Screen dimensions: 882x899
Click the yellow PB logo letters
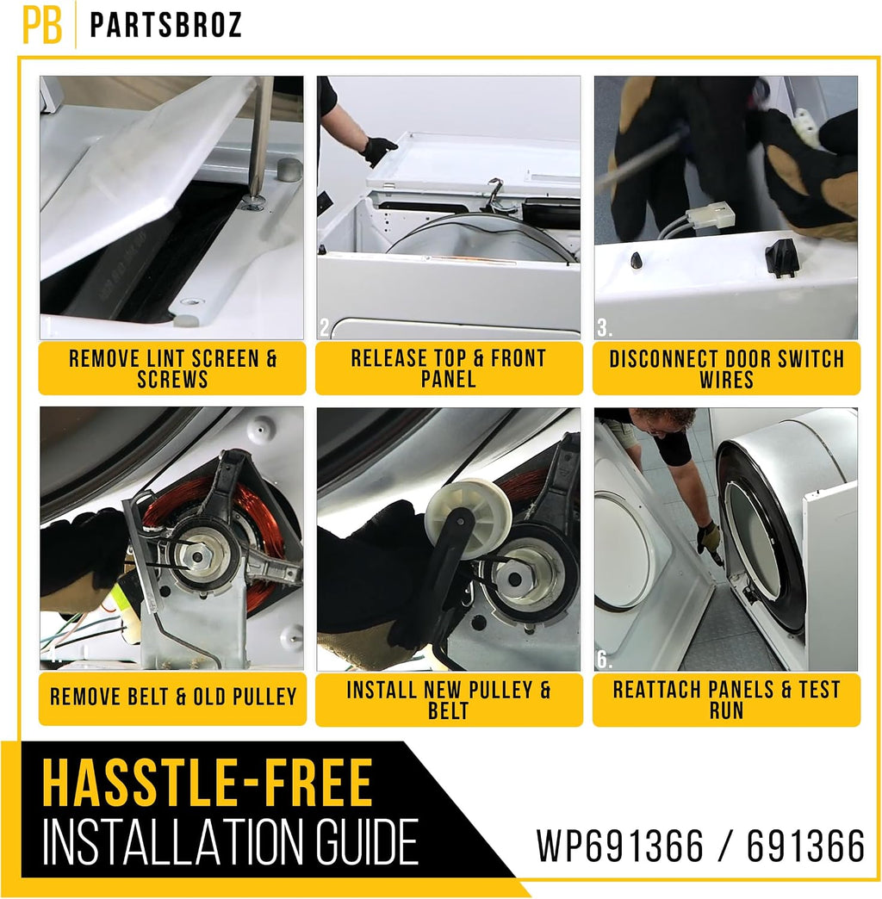point(42,25)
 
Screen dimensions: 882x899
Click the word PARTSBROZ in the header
point(166,25)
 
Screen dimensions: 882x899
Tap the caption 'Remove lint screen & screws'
point(172,369)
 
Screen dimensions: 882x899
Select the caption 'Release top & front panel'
point(449,368)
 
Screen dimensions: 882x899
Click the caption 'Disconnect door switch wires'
point(727,369)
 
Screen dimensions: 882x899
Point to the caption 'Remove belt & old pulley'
point(173,697)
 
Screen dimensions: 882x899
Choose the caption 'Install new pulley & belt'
point(449,699)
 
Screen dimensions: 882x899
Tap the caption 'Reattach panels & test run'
point(727,699)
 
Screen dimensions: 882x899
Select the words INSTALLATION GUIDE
point(231,841)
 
